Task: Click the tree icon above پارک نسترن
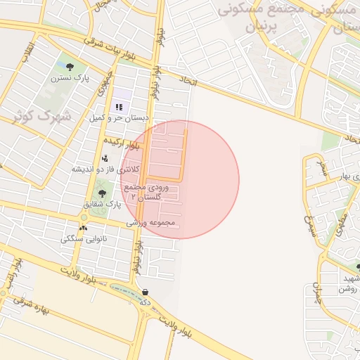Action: tap(69, 66)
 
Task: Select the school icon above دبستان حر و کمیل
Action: tap(120, 108)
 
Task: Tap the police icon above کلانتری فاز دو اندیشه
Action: tap(105, 158)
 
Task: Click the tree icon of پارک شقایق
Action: tap(103, 193)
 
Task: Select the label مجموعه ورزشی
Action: tap(150, 223)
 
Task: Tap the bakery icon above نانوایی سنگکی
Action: tap(84, 228)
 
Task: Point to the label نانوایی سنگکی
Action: tap(85, 238)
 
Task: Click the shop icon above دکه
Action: tap(145, 292)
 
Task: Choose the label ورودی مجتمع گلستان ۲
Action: tap(146, 192)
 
